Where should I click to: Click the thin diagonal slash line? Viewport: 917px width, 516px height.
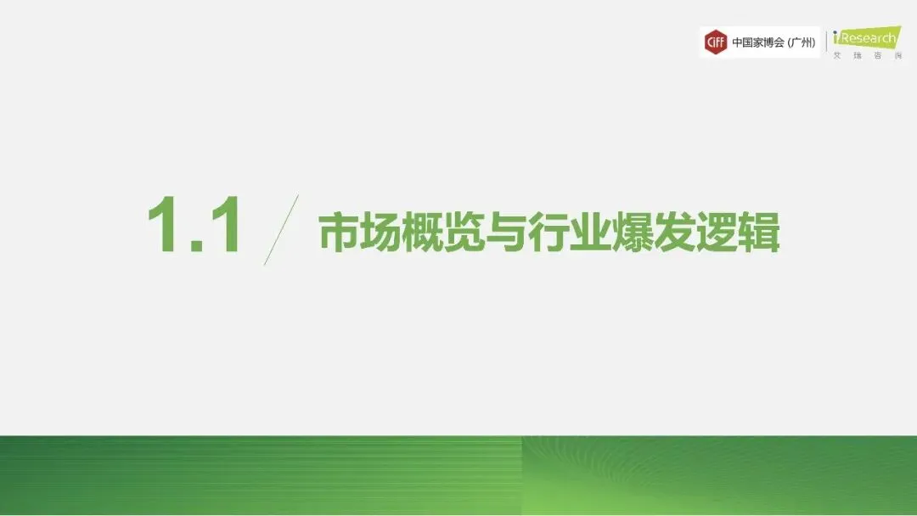click(x=281, y=230)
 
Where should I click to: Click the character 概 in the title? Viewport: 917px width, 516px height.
click(x=423, y=232)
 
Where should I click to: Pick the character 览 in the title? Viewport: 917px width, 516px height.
click(x=465, y=232)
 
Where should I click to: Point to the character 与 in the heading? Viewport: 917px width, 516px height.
click(x=507, y=232)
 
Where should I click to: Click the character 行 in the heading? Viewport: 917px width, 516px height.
click(x=549, y=232)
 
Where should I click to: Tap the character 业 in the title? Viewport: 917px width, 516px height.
click(x=591, y=232)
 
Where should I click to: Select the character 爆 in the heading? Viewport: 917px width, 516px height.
click(x=633, y=232)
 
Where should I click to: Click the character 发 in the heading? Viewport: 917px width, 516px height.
click(x=676, y=232)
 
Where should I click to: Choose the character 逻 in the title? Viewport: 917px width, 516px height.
click(x=717, y=232)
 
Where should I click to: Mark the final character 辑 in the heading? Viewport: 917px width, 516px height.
click(x=759, y=232)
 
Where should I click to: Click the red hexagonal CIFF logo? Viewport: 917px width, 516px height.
click(x=715, y=42)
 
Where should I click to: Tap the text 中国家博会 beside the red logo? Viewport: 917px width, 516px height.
click(x=758, y=42)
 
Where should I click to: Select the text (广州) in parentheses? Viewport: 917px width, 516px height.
click(x=802, y=42)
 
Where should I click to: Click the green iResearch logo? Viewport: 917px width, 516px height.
click(x=867, y=37)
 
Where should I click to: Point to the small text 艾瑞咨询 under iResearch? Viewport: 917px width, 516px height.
click(x=868, y=55)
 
